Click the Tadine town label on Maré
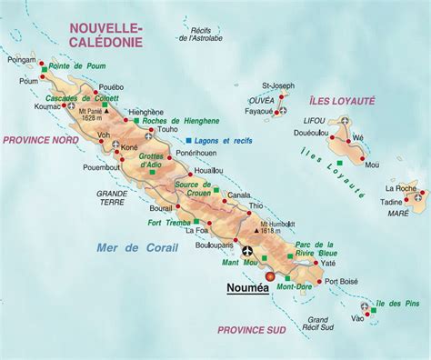click(x=392, y=202)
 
